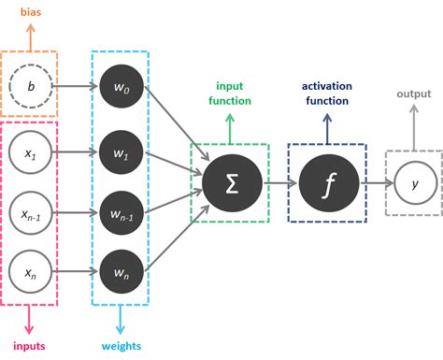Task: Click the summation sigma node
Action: click(229, 182)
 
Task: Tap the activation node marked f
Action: click(327, 182)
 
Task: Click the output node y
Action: click(413, 182)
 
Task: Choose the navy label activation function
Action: click(326, 94)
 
